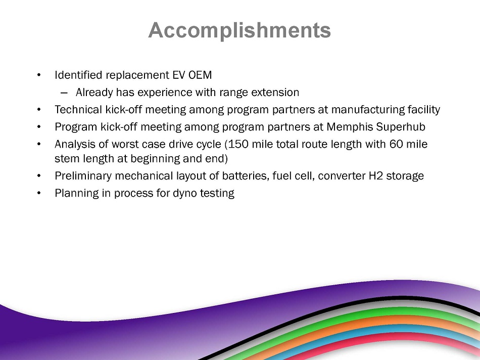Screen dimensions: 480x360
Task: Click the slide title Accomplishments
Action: (x=239, y=30)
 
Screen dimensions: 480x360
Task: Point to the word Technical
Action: (x=78, y=110)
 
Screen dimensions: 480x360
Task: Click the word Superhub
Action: (x=401, y=127)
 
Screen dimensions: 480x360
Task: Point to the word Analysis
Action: (x=75, y=145)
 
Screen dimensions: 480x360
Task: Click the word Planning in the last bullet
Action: (x=76, y=194)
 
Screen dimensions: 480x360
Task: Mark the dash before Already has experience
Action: (x=64, y=93)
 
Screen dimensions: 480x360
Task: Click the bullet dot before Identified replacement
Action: (x=38, y=75)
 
